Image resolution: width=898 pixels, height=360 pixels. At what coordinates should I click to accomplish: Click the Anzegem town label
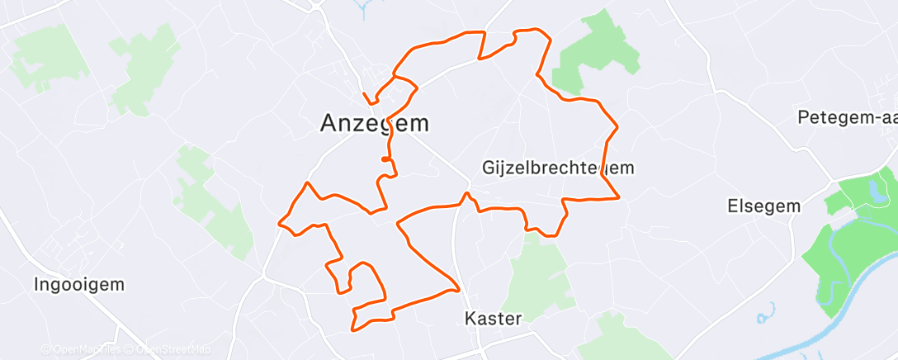(x=374, y=124)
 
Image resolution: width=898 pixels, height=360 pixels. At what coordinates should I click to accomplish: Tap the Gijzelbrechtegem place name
(x=558, y=168)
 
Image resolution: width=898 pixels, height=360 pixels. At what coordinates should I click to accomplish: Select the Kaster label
(x=493, y=319)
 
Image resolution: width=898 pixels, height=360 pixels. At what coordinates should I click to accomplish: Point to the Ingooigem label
(x=79, y=285)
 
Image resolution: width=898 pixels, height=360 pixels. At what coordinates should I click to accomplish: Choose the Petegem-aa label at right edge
(x=847, y=118)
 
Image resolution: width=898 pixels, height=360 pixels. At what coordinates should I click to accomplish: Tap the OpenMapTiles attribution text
(x=80, y=350)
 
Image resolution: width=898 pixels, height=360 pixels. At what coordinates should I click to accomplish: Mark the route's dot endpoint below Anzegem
(x=385, y=159)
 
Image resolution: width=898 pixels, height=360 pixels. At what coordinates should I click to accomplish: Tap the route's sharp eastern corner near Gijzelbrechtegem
(x=619, y=197)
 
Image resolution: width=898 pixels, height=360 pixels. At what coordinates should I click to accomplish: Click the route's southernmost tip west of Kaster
(x=355, y=329)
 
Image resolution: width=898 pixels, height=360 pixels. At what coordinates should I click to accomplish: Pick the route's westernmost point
(x=280, y=222)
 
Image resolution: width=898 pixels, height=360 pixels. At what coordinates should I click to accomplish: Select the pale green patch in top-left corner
(x=50, y=54)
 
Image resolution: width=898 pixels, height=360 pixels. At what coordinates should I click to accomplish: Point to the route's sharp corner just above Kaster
(x=458, y=289)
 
